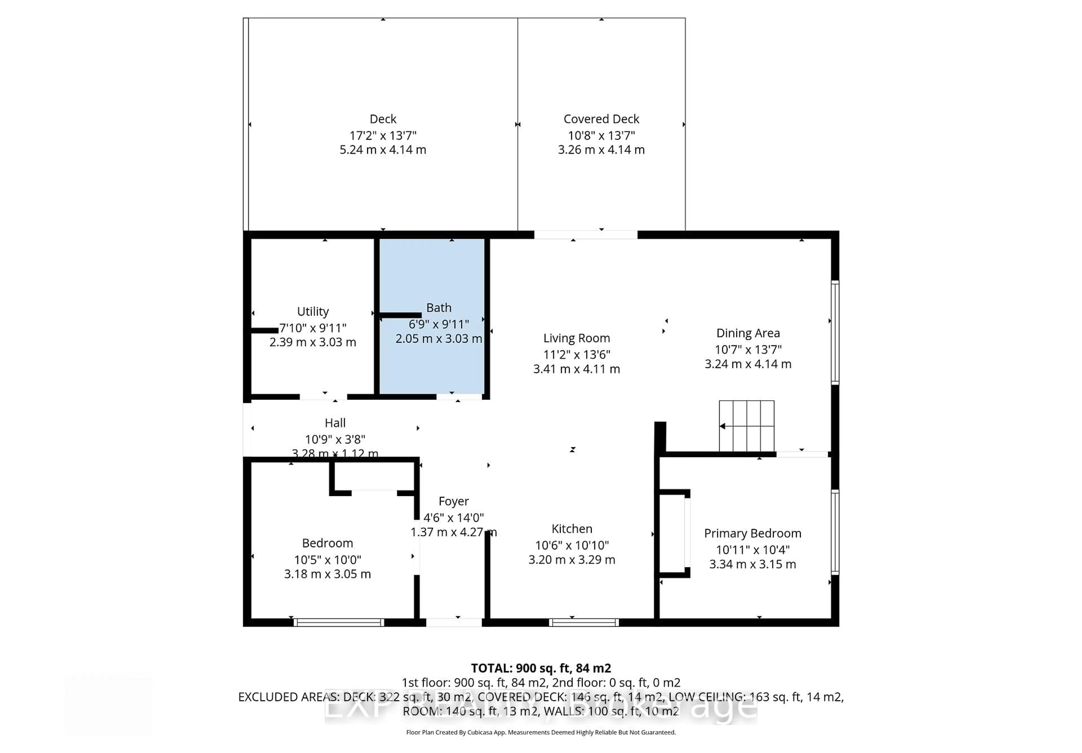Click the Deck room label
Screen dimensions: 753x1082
pyautogui.click(x=383, y=119)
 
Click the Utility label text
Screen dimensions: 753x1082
pyautogui.click(x=312, y=311)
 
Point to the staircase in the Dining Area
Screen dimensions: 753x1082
pyautogui.click(x=746, y=426)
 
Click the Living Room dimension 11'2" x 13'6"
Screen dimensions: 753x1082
pyautogui.click(x=576, y=354)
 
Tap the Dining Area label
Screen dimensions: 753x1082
pyautogui.click(x=748, y=333)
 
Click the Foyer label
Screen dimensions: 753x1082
pyautogui.click(x=453, y=501)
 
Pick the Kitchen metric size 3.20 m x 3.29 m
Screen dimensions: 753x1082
pyautogui.click(x=572, y=560)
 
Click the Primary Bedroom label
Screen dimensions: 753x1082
pyautogui.click(x=752, y=533)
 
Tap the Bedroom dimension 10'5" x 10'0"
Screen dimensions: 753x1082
pyautogui.click(x=327, y=560)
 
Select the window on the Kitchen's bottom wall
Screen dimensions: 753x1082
pyautogui.click(x=584, y=623)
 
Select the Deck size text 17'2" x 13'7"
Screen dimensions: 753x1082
pyautogui.click(x=383, y=136)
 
